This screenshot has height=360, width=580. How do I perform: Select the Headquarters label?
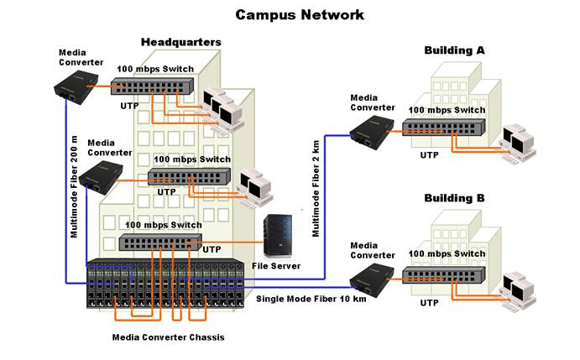[181, 42]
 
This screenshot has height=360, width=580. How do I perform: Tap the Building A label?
[454, 50]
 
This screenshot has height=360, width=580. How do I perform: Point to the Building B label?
[454, 198]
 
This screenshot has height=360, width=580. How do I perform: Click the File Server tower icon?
[276, 237]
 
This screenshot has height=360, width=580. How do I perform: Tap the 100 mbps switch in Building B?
[440, 274]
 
